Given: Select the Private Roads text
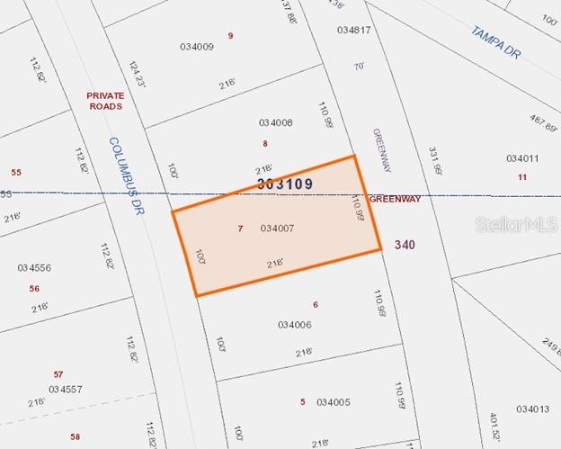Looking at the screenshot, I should click(x=104, y=100).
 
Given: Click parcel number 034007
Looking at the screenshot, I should click(x=277, y=229).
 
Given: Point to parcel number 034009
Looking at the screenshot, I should click(x=197, y=47).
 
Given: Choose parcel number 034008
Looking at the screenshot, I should click(x=275, y=122).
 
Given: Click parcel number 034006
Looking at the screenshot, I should click(x=294, y=325).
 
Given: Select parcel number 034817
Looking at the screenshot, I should click(x=354, y=30).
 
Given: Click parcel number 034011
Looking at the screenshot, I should click(x=522, y=158).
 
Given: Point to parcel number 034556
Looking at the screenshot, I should click(x=34, y=267).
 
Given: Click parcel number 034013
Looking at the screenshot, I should click(x=532, y=409).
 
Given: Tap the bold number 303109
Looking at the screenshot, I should click(x=285, y=184).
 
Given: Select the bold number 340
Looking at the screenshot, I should click(x=404, y=244).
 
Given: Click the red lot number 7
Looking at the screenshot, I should click(x=240, y=229).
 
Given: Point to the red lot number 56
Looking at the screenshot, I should click(x=34, y=289).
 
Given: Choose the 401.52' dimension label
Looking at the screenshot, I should click(x=494, y=427).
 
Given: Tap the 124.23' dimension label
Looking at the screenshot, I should click(x=137, y=74).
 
